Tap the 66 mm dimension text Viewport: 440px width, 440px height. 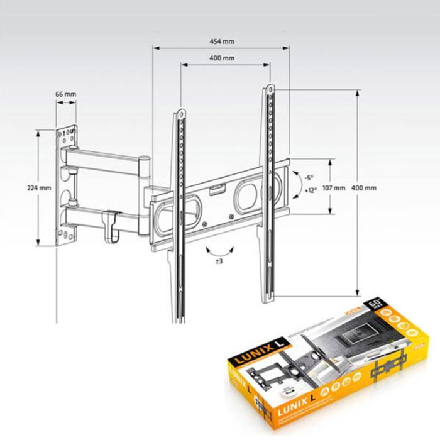coord(65,94)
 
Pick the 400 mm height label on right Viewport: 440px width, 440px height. coord(365,188)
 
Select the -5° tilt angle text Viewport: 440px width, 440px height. coord(309,178)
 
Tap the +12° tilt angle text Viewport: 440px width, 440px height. coord(309,189)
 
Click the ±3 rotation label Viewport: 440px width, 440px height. coord(219,260)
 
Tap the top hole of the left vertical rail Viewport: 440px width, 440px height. coord(180,114)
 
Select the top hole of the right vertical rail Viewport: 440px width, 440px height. coord(270,87)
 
